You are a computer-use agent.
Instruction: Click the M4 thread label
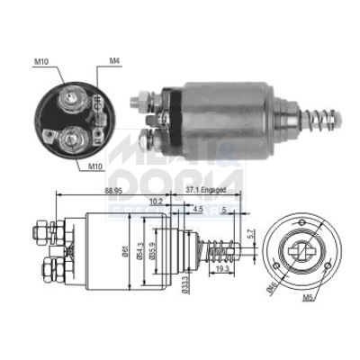click(114, 61)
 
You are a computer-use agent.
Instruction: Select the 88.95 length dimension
click(88, 192)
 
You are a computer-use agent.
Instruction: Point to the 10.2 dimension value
click(157, 202)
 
